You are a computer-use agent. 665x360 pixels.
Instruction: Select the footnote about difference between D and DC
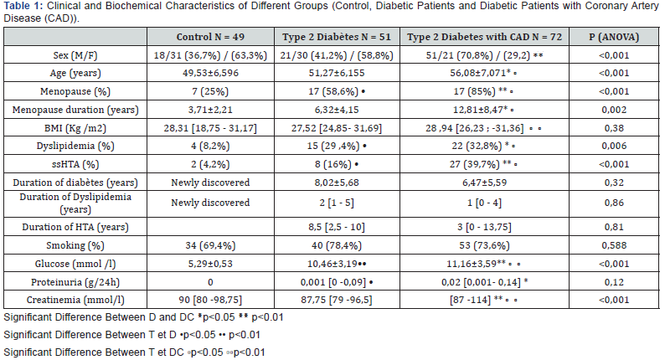(x=126, y=317)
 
